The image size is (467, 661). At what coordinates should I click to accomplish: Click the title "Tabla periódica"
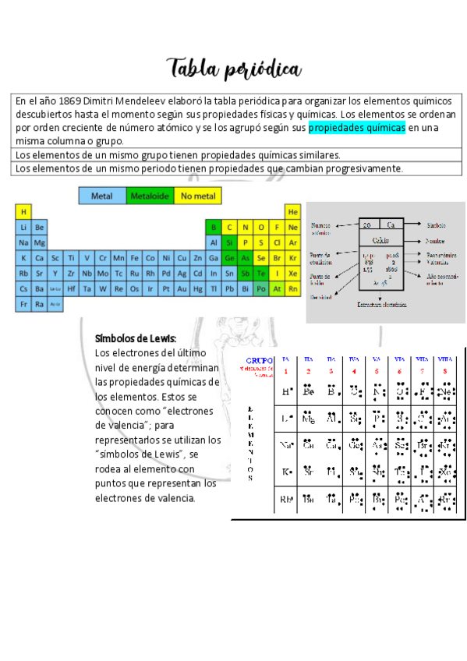tap(233, 69)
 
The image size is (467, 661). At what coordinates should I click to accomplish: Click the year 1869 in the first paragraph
tap(69, 101)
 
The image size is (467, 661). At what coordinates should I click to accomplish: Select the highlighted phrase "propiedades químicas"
tap(356, 127)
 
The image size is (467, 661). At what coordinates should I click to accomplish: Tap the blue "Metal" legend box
tap(102, 196)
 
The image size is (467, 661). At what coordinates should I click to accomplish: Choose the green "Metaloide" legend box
tap(150, 196)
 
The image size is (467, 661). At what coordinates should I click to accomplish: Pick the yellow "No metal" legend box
tap(198, 196)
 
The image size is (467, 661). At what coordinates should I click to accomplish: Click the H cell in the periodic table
tap(23, 211)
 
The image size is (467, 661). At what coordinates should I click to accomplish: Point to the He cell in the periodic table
tap(293, 211)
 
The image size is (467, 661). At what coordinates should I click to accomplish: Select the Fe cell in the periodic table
tap(135, 258)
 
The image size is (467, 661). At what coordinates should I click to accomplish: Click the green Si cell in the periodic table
tap(229, 242)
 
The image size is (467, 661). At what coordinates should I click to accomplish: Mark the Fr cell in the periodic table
tap(23, 305)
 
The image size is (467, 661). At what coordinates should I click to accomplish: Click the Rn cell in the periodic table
tap(293, 289)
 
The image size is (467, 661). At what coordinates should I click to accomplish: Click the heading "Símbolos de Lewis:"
tap(136, 338)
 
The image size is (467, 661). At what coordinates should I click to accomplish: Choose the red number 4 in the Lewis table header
tap(354, 371)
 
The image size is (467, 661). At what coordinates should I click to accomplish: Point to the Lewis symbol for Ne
tap(446, 391)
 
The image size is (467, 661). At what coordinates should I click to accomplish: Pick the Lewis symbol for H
tap(287, 391)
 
